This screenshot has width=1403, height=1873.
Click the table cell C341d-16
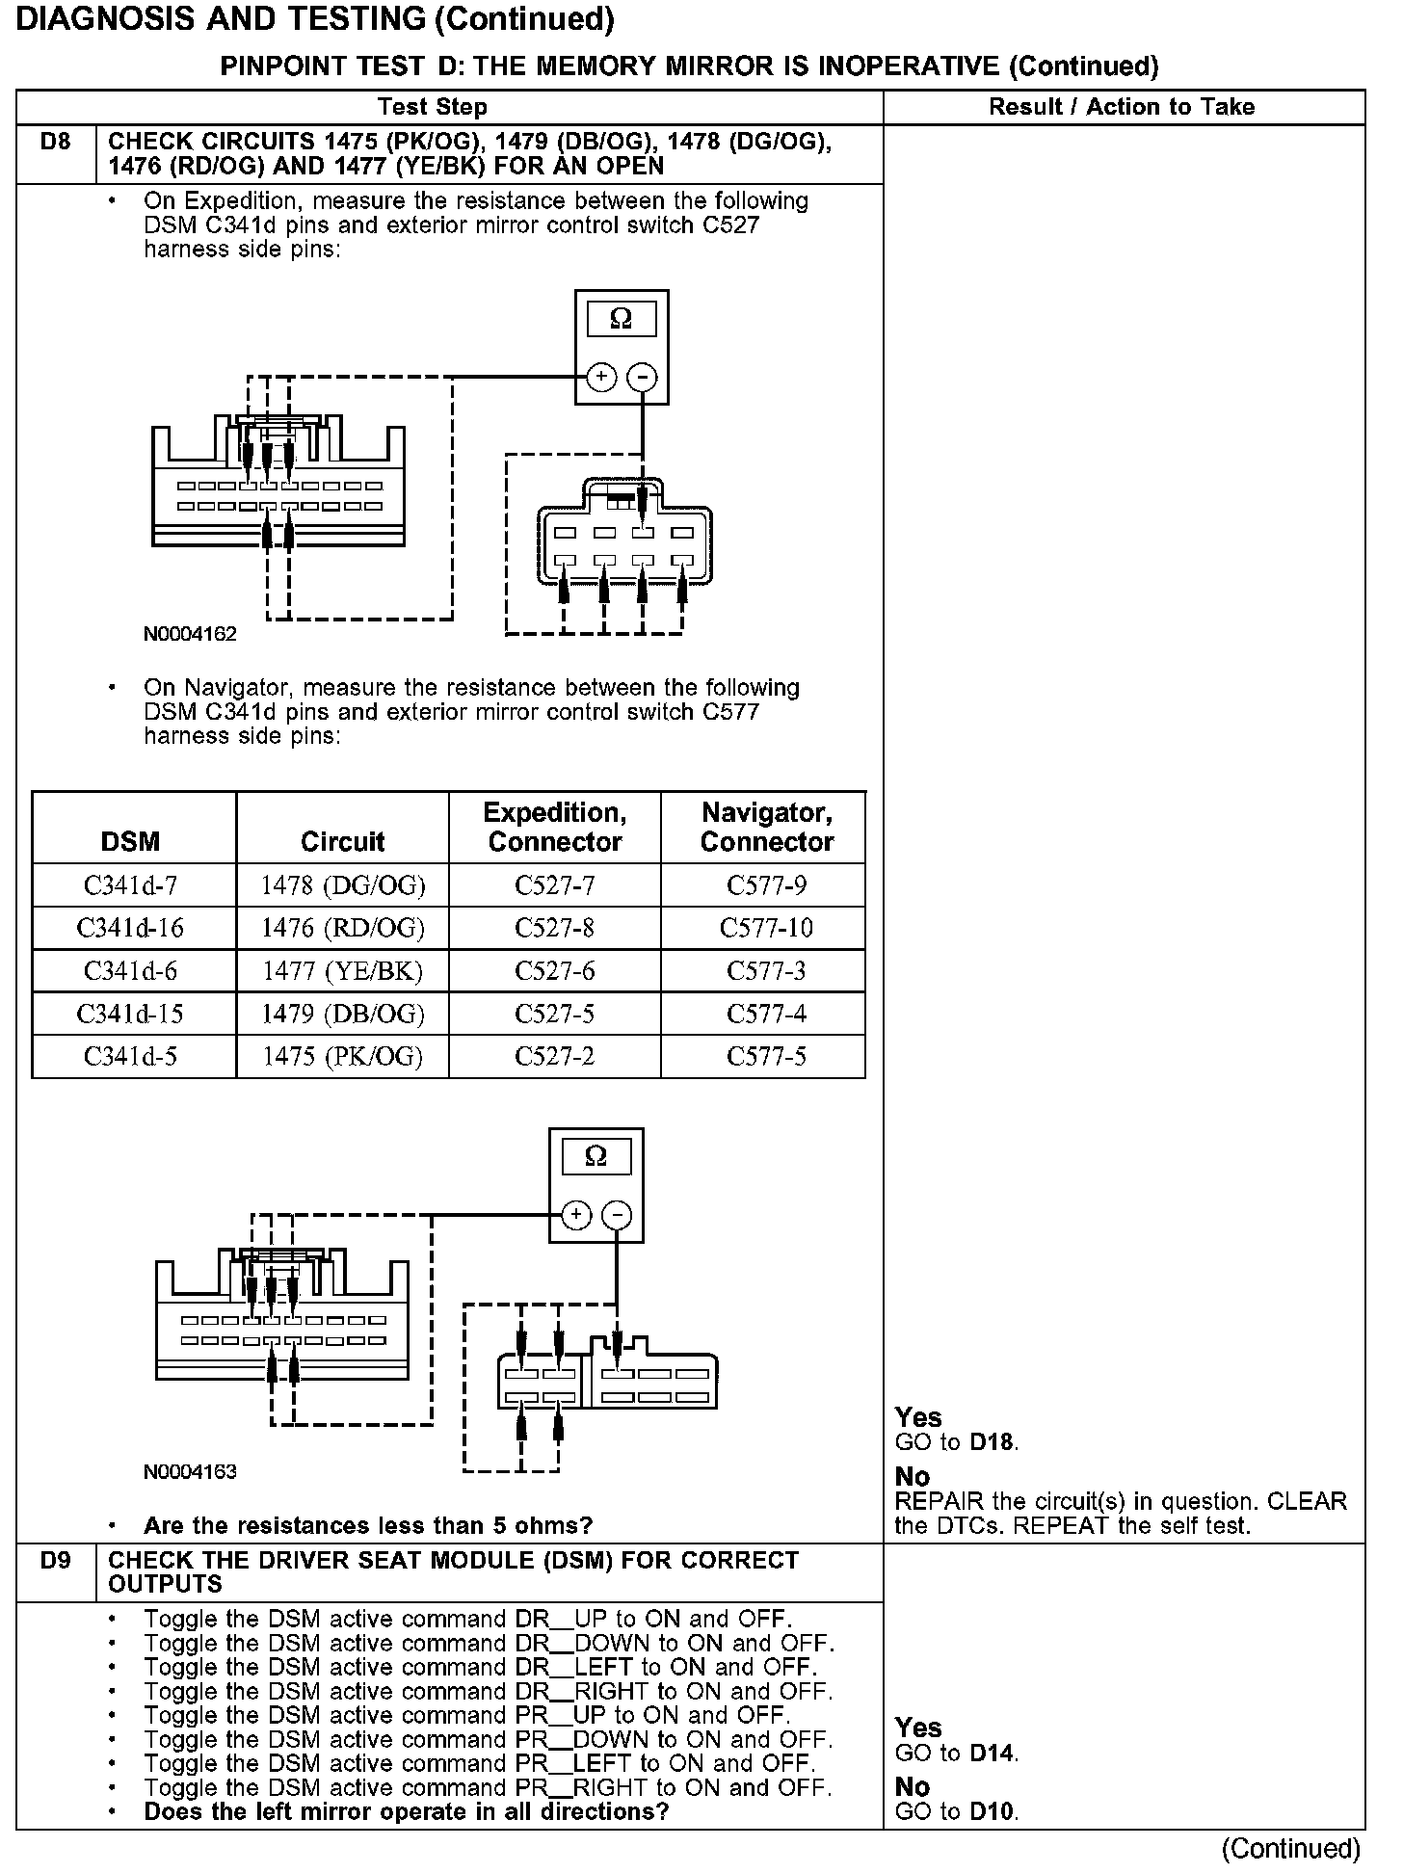130,928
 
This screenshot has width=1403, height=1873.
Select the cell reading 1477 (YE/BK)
342,971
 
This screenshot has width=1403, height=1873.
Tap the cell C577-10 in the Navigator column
766,928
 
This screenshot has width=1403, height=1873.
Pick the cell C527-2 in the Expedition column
554,1057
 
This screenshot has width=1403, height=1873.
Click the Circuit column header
342,842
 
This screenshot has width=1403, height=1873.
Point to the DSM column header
130,842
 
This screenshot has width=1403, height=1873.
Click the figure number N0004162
190,634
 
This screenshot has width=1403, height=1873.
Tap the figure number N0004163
190,1471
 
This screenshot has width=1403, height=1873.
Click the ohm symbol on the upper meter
622,319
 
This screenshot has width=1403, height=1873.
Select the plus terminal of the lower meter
575,1215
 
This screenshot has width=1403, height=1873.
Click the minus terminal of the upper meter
642,377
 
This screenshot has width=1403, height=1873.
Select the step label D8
56,143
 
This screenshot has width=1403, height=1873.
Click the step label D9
56,1560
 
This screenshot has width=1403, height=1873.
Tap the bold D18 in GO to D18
993,1442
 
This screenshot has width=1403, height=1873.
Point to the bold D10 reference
993,1811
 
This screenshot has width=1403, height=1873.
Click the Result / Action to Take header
1122,107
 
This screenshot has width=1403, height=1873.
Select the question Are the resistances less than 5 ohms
368,1525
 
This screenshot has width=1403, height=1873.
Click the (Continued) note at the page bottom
1290,1848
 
